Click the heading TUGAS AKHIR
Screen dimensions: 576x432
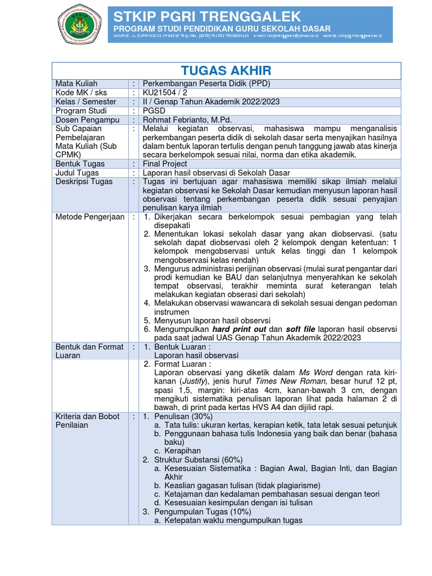pos(226,70)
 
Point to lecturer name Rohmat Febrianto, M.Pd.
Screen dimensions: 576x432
pos(187,119)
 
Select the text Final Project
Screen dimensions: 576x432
pos(165,164)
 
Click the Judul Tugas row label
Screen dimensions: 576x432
pos(77,173)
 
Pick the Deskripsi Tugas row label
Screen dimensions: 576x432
pos(84,182)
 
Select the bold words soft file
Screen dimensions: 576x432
pos(301,329)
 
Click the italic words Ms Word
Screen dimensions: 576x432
pos(316,372)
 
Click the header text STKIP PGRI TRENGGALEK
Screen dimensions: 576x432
pos(207,16)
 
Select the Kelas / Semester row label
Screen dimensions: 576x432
pos(85,101)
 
